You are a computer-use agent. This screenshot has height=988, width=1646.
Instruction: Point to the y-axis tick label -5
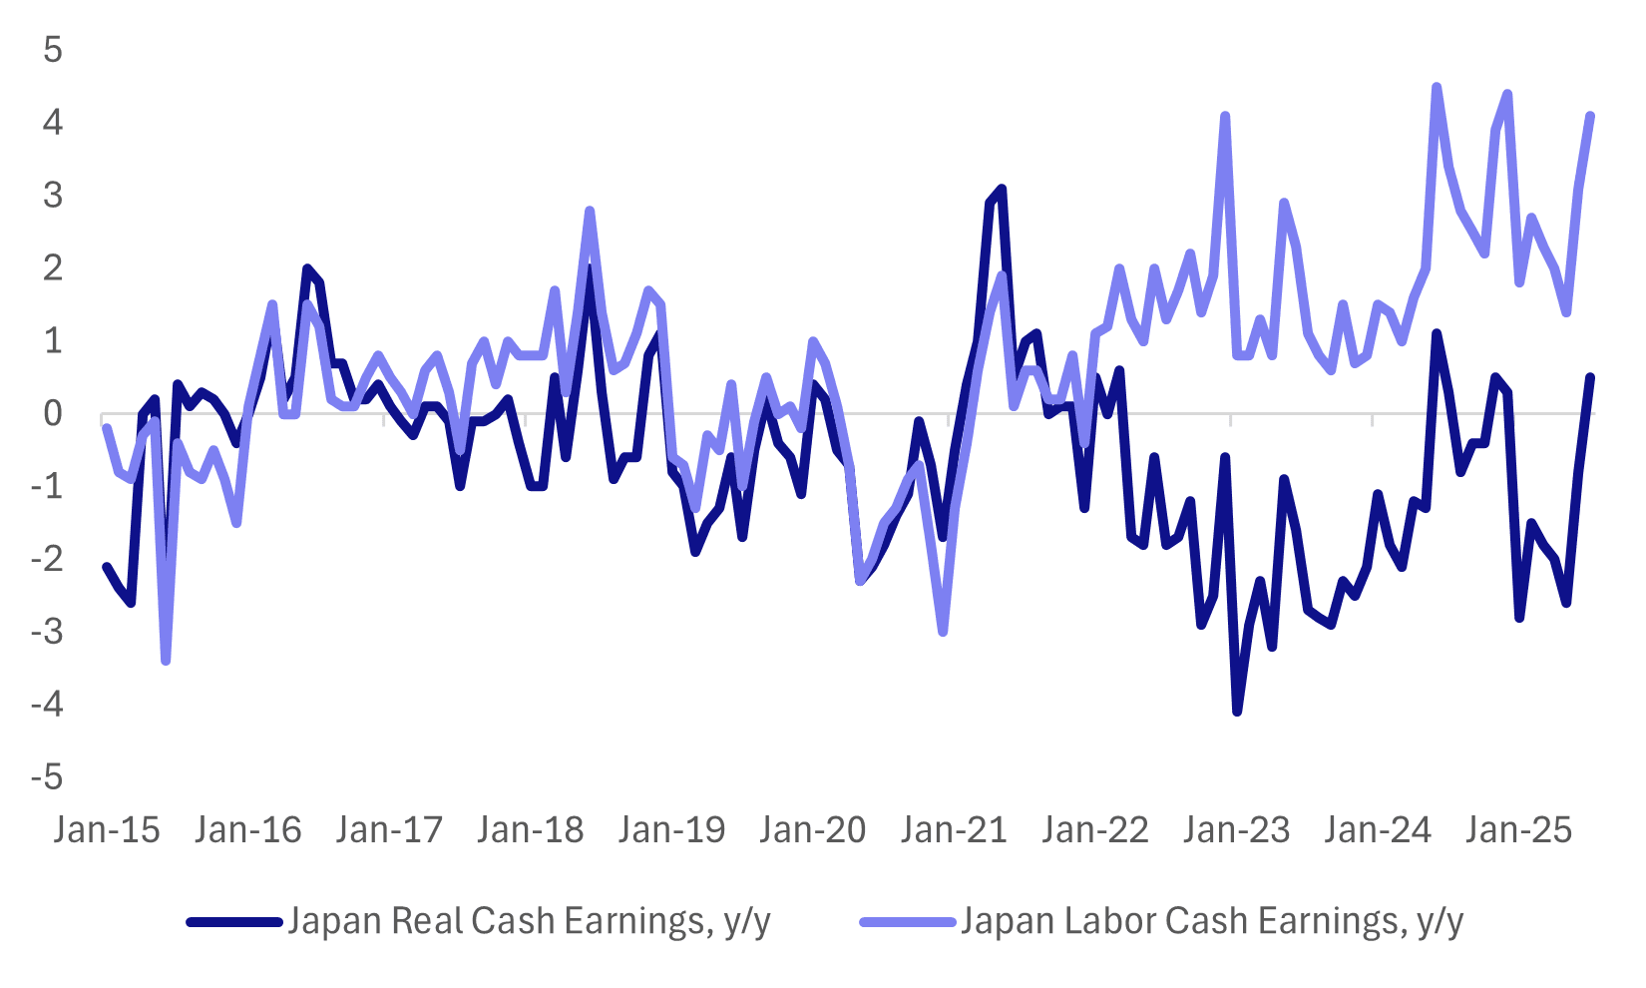click(x=46, y=777)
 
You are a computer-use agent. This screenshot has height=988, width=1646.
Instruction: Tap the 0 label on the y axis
click(x=52, y=413)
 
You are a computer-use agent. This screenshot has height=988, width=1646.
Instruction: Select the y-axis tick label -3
click(x=46, y=632)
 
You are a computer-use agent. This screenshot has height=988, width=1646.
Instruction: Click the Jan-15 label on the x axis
click(x=107, y=830)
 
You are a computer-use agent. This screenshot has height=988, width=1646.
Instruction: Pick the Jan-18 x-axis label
click(x=530, y=830)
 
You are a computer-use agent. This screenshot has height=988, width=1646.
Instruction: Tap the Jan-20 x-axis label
click(x=813, y=830)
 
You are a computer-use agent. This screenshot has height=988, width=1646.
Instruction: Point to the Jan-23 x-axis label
click(x=1236, y=830)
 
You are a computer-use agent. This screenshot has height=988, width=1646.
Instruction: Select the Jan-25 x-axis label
click(x=1518, y=830)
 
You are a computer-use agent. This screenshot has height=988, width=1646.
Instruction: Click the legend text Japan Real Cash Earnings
click(x=529, y=921)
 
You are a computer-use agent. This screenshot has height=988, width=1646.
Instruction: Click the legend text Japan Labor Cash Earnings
click(x=1211, y=921)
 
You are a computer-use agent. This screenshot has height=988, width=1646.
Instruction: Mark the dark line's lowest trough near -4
click(x=1237, y=712)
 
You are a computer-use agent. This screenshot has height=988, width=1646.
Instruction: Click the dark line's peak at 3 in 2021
click(x=1002, y=189)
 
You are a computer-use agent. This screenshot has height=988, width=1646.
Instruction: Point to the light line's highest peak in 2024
click(x=1437, y=87)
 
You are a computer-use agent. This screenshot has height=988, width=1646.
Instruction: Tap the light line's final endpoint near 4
click(x=1590, y=116)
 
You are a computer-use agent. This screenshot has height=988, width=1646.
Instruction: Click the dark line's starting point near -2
click(x=107, y=567)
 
